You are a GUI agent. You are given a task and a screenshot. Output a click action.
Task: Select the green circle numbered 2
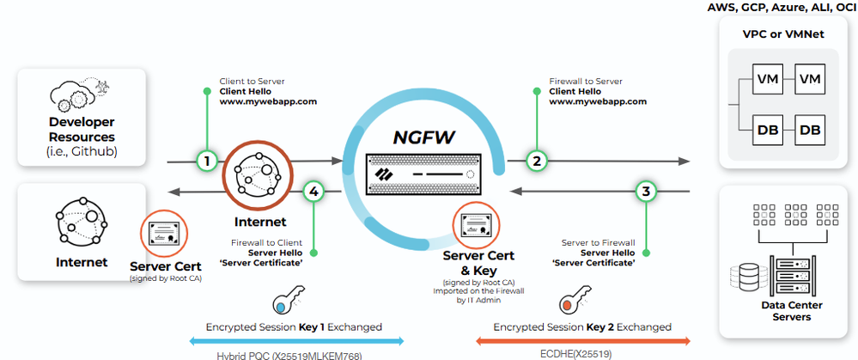[x=537, y=161]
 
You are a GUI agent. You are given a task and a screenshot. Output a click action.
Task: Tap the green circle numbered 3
[x=646, y=191]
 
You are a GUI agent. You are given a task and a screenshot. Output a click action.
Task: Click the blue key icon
[x=283, y=304]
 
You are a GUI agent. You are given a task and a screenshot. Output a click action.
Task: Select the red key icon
[x=569, y=304]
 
